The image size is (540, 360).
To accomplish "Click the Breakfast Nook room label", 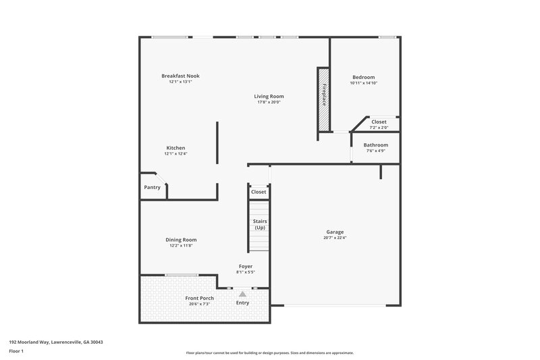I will pos(180,76).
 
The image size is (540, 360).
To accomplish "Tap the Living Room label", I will pos(269,97).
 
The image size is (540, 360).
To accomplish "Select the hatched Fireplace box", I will pos(324,98).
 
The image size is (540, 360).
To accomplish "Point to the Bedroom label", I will pos(364,78).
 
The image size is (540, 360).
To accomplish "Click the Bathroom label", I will pos(376,145).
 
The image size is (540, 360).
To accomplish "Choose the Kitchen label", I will pos(175,148).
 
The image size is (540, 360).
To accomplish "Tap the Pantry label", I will pos(153,187).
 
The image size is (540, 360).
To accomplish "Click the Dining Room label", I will pos(181,240).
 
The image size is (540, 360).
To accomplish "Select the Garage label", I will pos(335,232).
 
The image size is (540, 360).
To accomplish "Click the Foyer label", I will pos(246,266).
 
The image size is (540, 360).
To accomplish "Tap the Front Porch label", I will pos(199,298).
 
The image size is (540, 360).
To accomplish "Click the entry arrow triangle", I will pos(242,294).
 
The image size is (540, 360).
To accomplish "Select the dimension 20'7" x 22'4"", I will pos(335,238).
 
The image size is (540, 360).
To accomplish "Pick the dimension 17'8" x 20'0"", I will pos(269,103).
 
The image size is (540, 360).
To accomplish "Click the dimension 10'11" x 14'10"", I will pos(364,83).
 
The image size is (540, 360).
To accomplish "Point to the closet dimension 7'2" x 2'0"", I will pos(379,128).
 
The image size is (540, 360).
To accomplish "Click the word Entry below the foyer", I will pos(242,303).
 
